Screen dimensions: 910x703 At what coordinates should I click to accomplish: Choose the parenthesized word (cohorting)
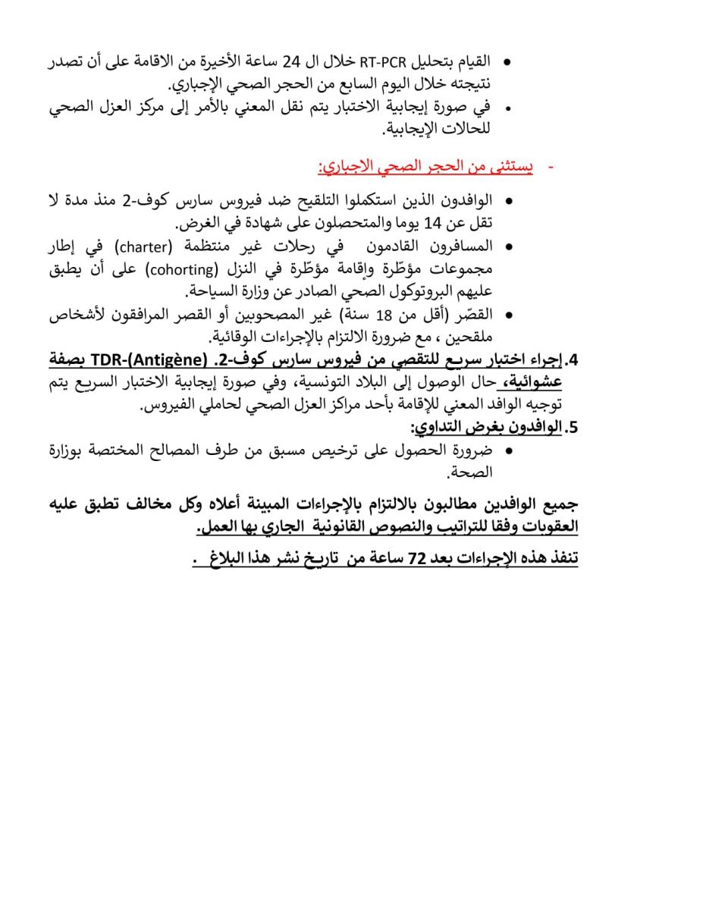(x=232, y=268)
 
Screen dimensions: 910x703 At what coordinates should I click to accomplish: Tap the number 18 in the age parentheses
(x=407, y=313)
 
